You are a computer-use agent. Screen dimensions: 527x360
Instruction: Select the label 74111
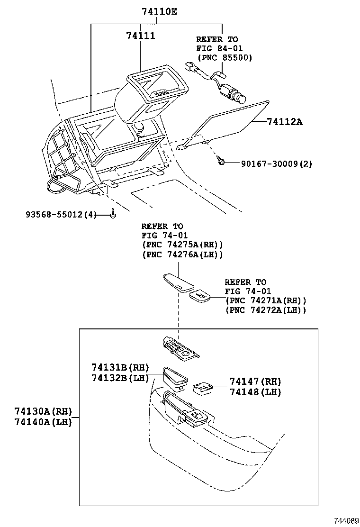click(x=141, y=36)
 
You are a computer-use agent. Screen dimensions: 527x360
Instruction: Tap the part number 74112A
click(x=284, y=122)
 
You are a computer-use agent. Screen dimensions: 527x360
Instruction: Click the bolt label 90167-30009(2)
click(x=277, y=164)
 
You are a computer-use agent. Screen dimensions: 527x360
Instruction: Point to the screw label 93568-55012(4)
click(x=61, y=215)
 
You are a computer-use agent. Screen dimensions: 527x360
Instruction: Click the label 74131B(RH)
click(x=120, y=367)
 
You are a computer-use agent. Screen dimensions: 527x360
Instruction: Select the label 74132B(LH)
click(x=120, y=378)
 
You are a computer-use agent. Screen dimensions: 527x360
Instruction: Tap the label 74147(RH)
click(x=255, y=382)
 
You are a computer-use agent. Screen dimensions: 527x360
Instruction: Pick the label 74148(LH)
click(x=255, y=392)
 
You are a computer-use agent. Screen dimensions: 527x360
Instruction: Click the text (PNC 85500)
click(x=224, y=57)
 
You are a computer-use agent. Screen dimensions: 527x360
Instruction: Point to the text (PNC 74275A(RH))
click(x=182, y=245)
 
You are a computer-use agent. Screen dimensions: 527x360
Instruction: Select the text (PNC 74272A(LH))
click(x=266, y=310)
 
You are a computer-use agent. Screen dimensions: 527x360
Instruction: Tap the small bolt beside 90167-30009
click(x=220, y=161)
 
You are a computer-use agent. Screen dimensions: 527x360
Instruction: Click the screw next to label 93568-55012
click(x=113, y=215)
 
